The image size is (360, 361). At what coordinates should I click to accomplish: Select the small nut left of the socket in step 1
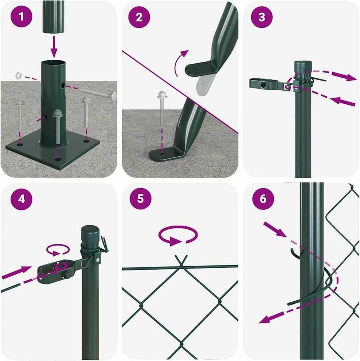coord(18,75)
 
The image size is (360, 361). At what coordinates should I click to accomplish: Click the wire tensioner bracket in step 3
coord(266,85)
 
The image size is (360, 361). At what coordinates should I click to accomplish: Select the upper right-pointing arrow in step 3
coord(343,76)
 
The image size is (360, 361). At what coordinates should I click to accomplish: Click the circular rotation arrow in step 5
coord(178,236)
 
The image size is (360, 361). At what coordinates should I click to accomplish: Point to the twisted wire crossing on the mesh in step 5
coord(181,260)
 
